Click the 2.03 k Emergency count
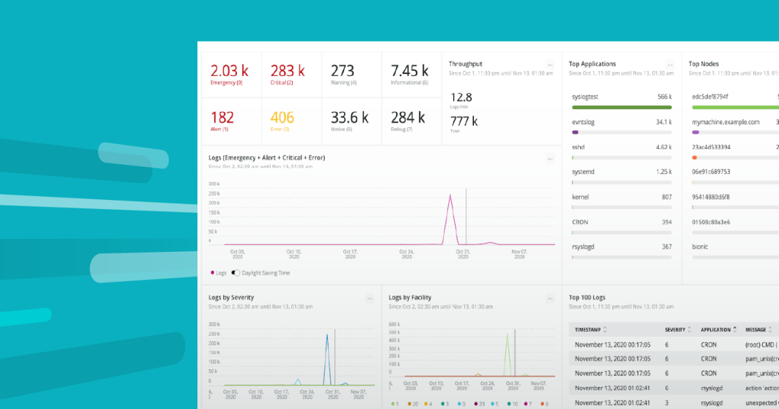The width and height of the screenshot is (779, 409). [230, 71]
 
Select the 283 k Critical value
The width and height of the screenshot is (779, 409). [288, 71]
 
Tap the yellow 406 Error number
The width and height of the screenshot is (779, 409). [282, 118]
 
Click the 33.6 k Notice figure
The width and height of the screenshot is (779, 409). [349, 118]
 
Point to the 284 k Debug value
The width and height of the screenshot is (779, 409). [408, 118]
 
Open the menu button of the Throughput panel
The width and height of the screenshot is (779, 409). [550, 65]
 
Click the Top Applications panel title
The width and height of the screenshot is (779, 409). [592, 64]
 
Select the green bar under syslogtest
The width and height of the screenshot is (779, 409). [621, 107]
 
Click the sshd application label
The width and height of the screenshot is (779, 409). [578, 147]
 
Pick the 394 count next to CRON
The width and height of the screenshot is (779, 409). [665, 222]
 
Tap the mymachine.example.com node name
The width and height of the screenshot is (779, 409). [725, 122]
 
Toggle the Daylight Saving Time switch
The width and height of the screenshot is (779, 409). [236, 273]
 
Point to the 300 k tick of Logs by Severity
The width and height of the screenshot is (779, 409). [214, 324]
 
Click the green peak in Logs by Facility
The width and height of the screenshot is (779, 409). [507, 335]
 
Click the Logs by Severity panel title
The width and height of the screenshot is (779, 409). [231, 297]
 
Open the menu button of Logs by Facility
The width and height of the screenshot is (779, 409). [550, 299]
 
